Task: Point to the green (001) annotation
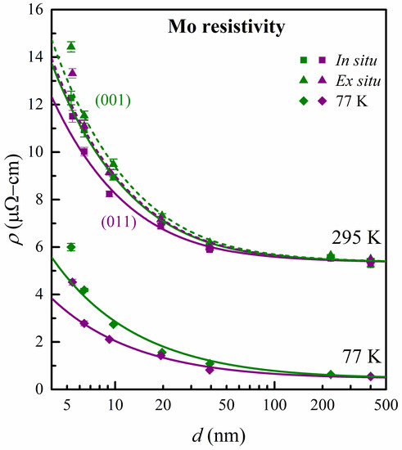(111, 102)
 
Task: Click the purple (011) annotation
(119, 221)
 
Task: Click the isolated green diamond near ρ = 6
(71, 247)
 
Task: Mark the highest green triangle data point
(71, 46)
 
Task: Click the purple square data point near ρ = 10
(84, 151)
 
